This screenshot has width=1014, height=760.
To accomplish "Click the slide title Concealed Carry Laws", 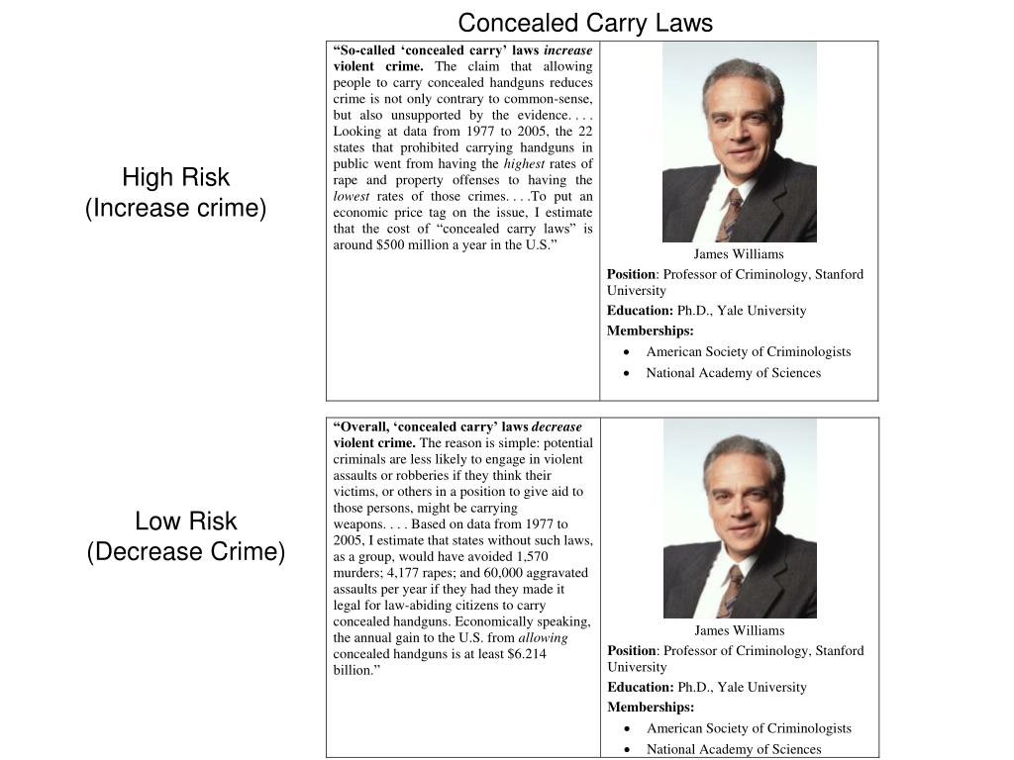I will [x=584, y=23].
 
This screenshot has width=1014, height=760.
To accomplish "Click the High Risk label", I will [x=175, y=178].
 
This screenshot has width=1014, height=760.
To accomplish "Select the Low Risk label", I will [x=185, y=522].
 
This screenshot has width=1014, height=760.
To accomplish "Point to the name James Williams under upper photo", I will [x=738, y=254].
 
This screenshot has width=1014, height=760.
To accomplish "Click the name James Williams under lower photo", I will [x=739, y=630].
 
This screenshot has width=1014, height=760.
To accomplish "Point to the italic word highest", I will [x=525, y=163].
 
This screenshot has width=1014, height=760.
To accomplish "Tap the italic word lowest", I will [x=352, y=196].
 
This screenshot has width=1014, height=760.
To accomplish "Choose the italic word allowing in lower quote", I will [x=543, y=638].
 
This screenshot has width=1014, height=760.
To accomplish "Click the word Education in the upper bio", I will [x=639, y=311].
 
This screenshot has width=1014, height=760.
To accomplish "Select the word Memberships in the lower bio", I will [x=650, y=708].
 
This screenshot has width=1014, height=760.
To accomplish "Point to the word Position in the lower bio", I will [x=631, y=651].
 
